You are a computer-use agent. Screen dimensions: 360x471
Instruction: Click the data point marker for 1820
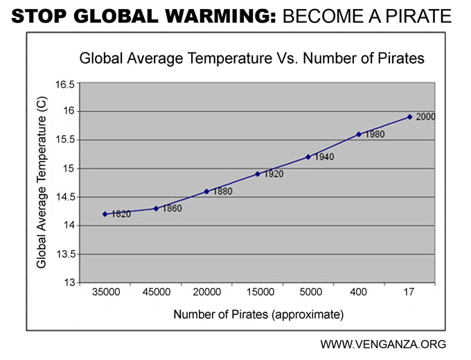(x=105, y=214)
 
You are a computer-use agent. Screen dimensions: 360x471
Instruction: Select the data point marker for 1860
(x=156, y=208)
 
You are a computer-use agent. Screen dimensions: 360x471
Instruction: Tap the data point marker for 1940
(x=308, y=157)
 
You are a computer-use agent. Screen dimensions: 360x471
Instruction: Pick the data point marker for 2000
(x=409, y=117)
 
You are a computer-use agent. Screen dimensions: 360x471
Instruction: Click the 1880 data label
(x=222, y=191)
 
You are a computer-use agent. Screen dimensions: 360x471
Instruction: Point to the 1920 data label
(x=273, y=174)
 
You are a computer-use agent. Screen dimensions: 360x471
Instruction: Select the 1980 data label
(x=374, y=134)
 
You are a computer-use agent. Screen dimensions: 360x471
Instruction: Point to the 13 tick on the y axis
(x=70, y=282)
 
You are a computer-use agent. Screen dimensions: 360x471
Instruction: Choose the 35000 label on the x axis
(x=106, y=293)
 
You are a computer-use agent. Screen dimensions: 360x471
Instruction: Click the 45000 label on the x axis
(x=157, y=293)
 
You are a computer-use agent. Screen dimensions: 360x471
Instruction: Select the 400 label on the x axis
(x=359, y=293)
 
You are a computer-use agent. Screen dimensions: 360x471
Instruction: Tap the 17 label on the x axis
(x=409, y=293)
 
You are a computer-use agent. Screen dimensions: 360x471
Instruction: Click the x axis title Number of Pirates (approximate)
(x=258, y=315)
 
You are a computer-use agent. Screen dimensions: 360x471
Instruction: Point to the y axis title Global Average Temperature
(x=42, y=182)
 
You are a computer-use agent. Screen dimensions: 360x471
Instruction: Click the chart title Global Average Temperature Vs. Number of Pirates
(x=252, y=59)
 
